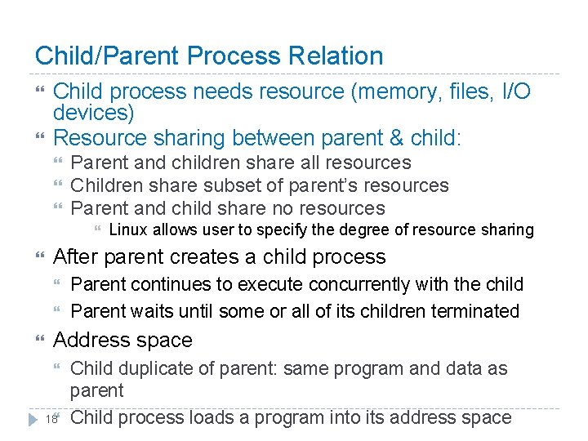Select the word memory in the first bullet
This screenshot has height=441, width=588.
pos(389,92)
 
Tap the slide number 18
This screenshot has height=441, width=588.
pos(51,419)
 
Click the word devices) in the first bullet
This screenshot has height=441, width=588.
pos(93,113)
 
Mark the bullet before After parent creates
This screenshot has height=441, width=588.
pos(41,257)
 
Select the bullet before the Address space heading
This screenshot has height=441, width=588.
pos(41,341)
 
